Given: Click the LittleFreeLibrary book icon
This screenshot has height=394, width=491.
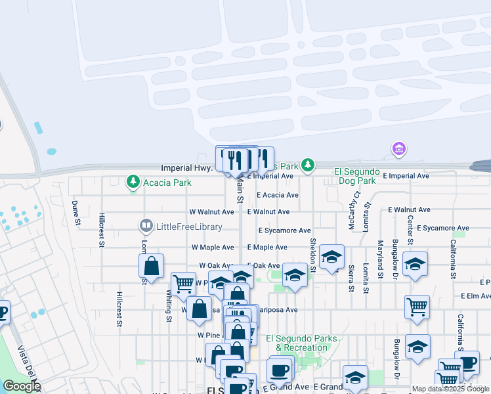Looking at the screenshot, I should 146,227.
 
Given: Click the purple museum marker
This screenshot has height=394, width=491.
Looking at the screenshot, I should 398,150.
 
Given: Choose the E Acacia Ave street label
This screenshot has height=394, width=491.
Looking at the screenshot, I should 278,195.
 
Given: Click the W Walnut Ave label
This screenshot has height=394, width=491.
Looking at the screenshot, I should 211,212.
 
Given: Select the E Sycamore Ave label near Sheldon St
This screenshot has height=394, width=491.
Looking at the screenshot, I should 284,230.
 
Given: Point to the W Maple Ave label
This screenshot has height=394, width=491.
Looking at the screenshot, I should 212,248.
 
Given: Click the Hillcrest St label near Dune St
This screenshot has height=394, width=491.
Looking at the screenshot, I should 102,230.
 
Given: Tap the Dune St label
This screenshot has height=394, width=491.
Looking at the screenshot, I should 76,213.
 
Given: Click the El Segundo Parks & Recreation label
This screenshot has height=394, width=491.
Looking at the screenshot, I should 301,343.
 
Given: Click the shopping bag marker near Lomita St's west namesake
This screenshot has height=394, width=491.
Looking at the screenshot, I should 151,266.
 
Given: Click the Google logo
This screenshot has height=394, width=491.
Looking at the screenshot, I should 22,387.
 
